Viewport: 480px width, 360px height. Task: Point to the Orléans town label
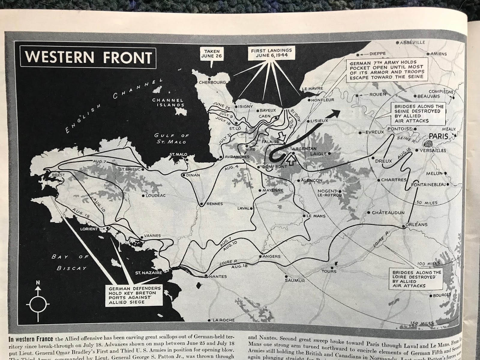[x=417, y=224]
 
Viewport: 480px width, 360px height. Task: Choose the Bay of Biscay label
[x=69, y=262]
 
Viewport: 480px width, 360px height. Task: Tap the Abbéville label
[x=412, y=42]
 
